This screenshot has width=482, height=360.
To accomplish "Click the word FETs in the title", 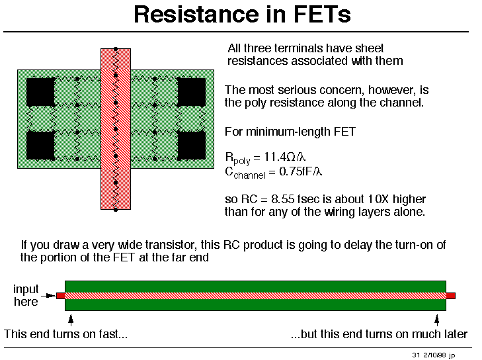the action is (322, 14).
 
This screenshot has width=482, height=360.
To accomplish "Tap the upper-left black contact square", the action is (40, 92).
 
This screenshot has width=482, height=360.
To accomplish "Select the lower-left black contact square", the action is (40, 145).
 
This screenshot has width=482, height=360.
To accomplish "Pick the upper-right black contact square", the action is (191, 92).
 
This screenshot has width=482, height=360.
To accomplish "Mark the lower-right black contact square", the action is (191, 145).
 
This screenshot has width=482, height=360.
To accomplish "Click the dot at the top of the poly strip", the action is (116, 49).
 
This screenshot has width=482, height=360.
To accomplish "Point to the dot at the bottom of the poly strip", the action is (116, 210).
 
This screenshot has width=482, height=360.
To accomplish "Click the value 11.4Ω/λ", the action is (285, 157).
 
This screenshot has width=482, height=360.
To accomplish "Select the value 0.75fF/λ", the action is (300, 171).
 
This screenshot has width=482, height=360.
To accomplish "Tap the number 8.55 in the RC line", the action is (282, 199).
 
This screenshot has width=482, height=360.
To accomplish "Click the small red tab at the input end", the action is (61, 296).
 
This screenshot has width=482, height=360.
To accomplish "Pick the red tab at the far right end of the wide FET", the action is (451, 296).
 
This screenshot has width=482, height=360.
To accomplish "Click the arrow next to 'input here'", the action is (48, 296).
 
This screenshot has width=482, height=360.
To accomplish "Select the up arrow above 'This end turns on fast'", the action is (71, 320).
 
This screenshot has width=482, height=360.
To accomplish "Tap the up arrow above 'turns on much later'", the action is (437, 320).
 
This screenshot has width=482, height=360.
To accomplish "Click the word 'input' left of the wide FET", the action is (26, 289).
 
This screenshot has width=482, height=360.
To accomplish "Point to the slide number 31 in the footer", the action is (416, 355).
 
